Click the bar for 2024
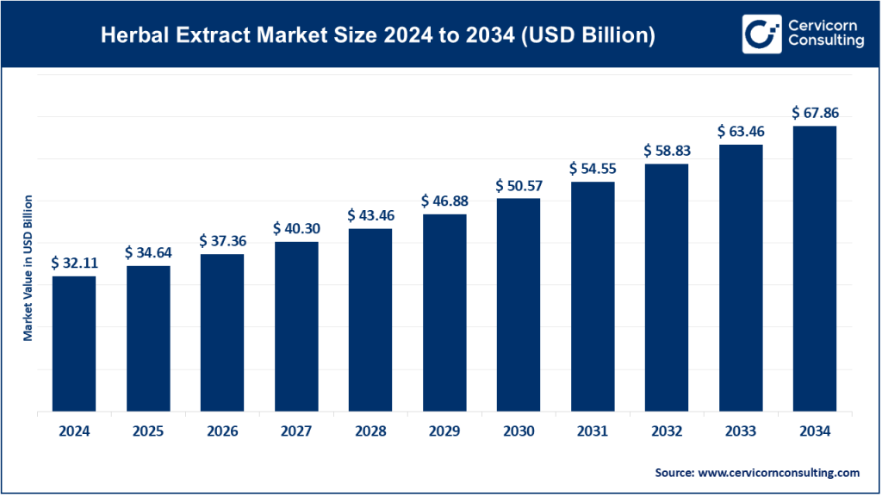[74, 344]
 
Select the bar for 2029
[444, 313]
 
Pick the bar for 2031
[592, 297]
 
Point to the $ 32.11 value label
[74, 263]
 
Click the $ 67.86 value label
[814, 113]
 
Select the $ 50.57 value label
[518, 185]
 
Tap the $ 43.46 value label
[370, 215]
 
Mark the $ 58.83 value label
[666, 151]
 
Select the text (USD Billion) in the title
[590, 36]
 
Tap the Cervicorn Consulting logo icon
[761, 34]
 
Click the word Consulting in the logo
[825, 42]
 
